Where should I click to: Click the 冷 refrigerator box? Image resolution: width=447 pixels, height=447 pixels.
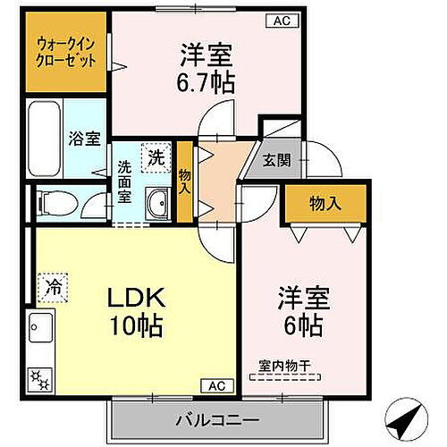point(53,289)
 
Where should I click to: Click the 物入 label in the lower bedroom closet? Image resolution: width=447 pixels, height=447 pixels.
point(325,203)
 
